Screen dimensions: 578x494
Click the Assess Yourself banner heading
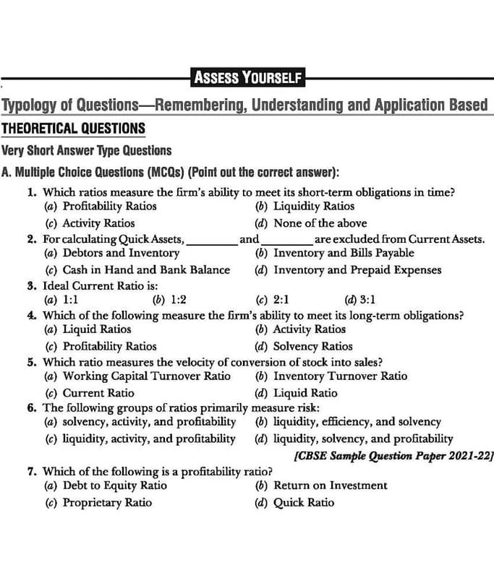(x=247, y=77)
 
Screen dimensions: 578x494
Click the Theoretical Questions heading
(x=73, y=129)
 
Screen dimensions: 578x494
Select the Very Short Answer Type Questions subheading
(x=87, y=151)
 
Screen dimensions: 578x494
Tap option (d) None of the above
(x=310, y=223)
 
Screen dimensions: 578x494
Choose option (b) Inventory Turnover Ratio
(x=331, y=376)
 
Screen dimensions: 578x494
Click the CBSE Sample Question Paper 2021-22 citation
(x=394, y=456)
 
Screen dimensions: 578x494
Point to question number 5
(x=33, y=362)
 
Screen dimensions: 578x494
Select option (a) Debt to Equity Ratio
(x=106, y=486)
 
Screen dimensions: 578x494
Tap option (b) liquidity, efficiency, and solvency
(x=348, y=421)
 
